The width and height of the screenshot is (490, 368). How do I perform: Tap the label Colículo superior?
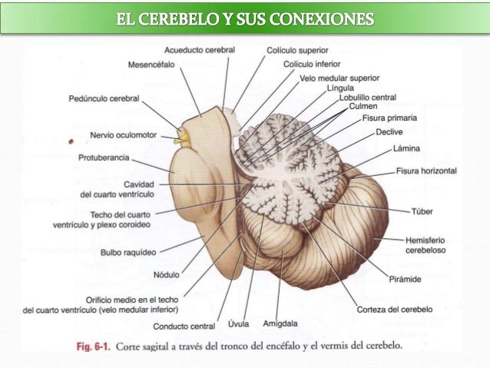coord(296,49)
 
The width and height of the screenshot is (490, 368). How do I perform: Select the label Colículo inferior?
coord(312,64)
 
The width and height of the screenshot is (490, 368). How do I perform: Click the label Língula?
coord(340,88)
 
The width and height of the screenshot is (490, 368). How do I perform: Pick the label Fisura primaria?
coord(390,118)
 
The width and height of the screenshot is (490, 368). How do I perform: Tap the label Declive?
coord(390,132)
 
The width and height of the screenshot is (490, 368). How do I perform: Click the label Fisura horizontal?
coord(426,171)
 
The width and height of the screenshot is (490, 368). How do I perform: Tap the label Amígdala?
coord(280,323)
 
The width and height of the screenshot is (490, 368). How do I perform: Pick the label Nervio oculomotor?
coord(123,135)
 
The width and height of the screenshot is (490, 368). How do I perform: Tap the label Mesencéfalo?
coord(151,64)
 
